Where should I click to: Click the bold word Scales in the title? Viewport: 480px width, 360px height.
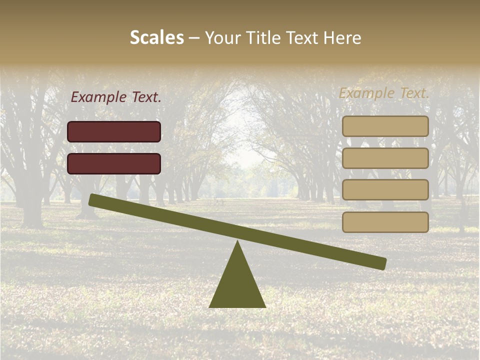point(156,38)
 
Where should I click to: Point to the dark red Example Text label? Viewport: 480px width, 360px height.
point(116,97)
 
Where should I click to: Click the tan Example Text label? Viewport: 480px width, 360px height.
point(384,93)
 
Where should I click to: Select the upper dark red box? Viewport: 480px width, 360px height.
point(114,132)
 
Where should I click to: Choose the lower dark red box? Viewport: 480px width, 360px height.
point(114,163)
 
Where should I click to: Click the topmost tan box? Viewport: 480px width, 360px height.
point(385,126)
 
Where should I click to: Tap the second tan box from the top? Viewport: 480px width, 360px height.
point(385,158)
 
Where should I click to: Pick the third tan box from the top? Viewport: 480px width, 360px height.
point(385,190)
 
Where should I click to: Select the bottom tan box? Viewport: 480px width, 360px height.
point(385,222)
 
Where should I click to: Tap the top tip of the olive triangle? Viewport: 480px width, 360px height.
point(237,242)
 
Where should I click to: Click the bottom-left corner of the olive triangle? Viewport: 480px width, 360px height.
point(210,306)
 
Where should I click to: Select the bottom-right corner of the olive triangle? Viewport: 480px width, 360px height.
point(265,306)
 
